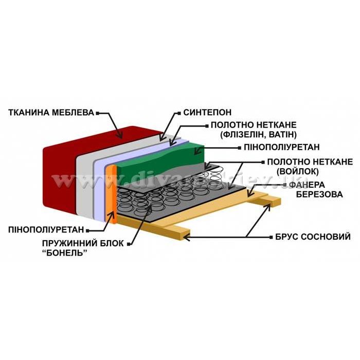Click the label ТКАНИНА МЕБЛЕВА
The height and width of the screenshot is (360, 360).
(x=50, y=111)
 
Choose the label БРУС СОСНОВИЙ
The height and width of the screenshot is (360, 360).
(x=308, y=237)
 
